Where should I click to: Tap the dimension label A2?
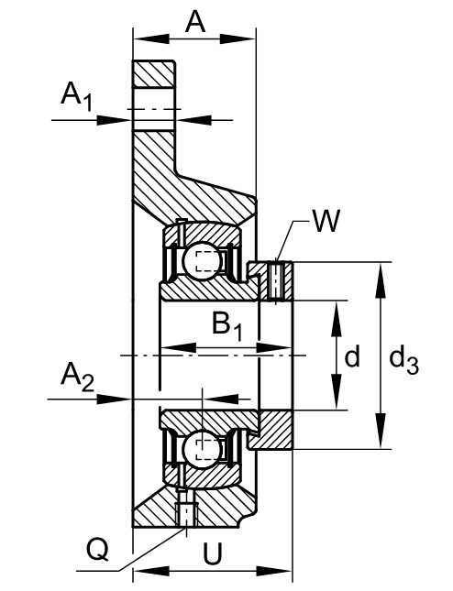[x=77, y=377]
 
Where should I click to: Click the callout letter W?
[x=326, y=221]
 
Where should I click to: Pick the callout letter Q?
[x=98, y=550]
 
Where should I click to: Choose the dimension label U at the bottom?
[x=213, y=554]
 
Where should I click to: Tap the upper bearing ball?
[x=201, y=261]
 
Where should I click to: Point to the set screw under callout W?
[x=277, y=281]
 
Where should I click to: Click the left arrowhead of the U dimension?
[x=151, y=571]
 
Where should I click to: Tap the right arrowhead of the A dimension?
[x=238, y=38]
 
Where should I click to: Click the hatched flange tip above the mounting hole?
[x=154, y=73]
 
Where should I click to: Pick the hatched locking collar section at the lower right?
[x=272, y=430]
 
